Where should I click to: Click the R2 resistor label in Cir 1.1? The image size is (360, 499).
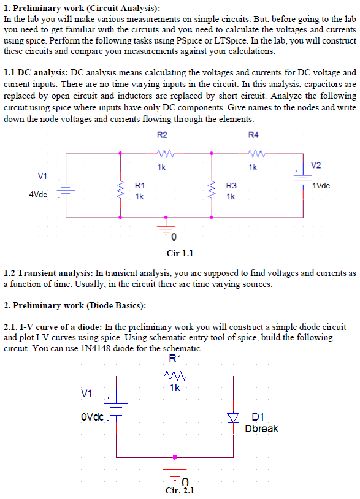[x=162, y=135]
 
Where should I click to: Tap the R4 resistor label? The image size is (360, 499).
[x=253, y=135]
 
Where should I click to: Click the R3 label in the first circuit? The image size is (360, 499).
[x=231, y=185]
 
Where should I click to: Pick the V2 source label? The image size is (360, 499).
[x=316, y=166]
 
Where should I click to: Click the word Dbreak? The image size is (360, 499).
[x=261, y=429]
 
